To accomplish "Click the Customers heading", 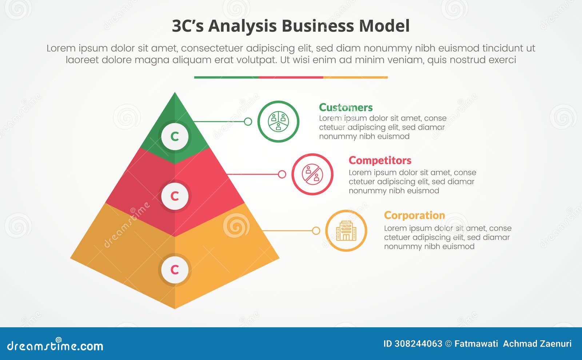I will click(x=346, y=108).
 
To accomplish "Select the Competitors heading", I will click(x=380, y=160).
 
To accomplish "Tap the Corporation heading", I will click(x=414, y=215).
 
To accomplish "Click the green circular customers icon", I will click(x=278, y=121).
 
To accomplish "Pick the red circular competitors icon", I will click(x=312, y=174).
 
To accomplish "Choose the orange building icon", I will click(x=346, y=231).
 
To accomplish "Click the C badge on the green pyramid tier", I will click(x=175, y=136).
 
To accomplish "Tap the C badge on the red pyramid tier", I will click(x=175, y=196).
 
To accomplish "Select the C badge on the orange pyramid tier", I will click(x=175, y=269).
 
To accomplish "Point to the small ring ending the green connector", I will click(x=248, y=121).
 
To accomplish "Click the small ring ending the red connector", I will click(x=282, y=174).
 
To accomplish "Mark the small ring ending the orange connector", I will click(x=316, y=231).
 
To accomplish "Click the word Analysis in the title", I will click(x=242, y=26).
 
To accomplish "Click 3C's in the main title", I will click(x=187, y=26).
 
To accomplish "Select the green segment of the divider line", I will click(x=226, y=77).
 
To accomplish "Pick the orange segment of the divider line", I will click(x=355, y=77).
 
